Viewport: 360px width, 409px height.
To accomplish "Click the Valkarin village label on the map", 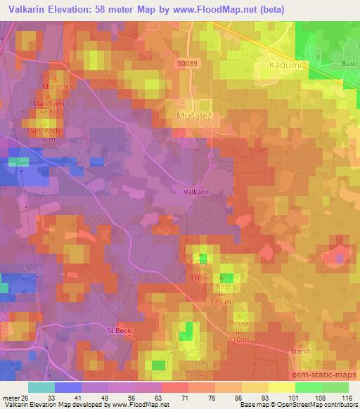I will pos(198,191).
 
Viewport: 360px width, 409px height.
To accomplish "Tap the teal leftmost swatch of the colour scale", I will pos(41,387).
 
